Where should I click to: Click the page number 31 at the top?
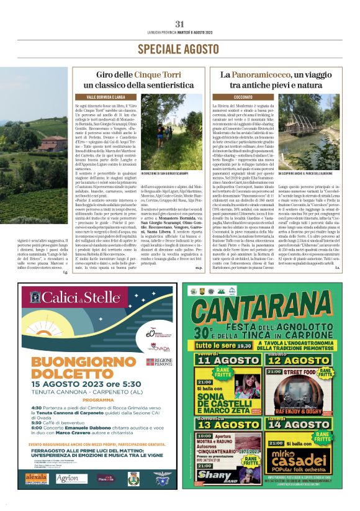pos(180,24)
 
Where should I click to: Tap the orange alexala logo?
pos(37,477)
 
